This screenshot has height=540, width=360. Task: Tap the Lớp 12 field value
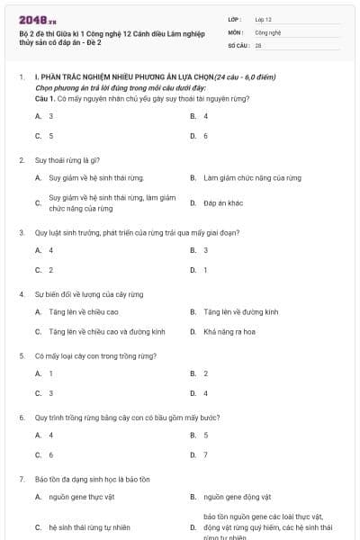point(263,19)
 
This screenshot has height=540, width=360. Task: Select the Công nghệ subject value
point(267,31)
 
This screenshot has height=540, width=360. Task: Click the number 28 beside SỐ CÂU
point(258,44)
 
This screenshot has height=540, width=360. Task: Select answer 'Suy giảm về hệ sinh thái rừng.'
point(96,178)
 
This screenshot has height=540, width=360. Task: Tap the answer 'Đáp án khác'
point(223,203)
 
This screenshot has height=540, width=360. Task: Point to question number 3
point(22,232)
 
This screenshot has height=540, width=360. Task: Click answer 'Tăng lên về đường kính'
point(241,312)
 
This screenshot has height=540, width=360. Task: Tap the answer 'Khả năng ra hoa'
point(229,332)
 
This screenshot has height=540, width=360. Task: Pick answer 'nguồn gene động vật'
point(238,496)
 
